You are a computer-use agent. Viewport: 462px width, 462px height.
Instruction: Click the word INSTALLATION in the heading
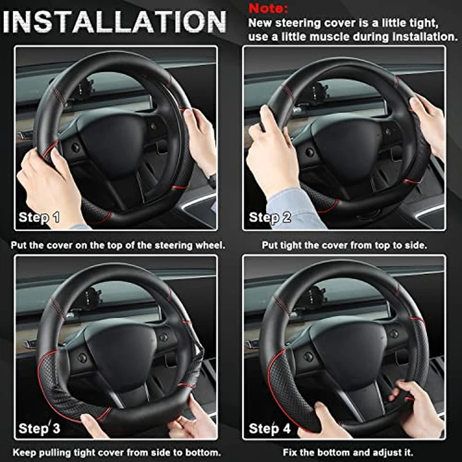(116, 22)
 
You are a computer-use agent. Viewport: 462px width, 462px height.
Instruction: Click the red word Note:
(269, 9)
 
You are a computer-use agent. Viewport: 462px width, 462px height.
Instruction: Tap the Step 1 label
(39, 217)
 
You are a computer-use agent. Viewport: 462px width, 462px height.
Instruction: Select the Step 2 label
(269, 217)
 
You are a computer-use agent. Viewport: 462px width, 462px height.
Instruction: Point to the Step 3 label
(39, 428)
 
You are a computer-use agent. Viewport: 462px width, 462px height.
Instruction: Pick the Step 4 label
(269, 428)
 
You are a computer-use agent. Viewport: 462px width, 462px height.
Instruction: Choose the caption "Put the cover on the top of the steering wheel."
(118, 244)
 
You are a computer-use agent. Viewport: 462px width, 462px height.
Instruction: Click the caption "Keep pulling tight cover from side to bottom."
(115, 453)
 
